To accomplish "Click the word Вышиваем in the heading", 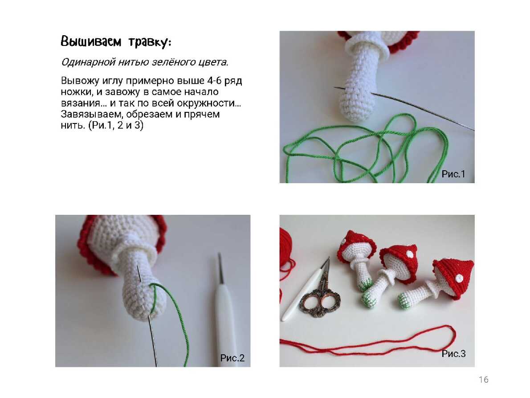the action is (91, 41).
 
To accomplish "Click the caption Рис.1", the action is (453, 174).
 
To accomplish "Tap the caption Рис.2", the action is (232, 358).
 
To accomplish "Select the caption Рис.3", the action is (453, 354).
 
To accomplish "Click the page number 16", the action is (484, 380).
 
